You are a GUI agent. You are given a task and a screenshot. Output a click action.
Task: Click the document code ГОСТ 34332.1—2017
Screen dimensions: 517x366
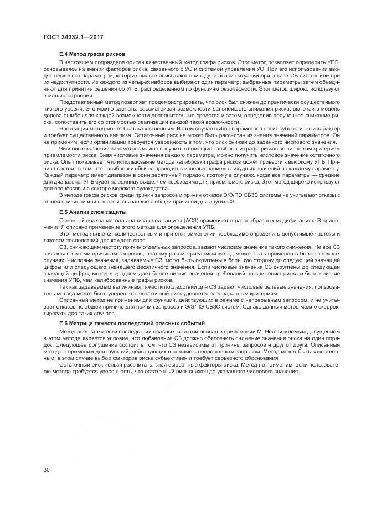73,37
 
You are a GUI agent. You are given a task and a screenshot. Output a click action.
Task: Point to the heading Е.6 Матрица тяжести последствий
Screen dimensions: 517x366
132,322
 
